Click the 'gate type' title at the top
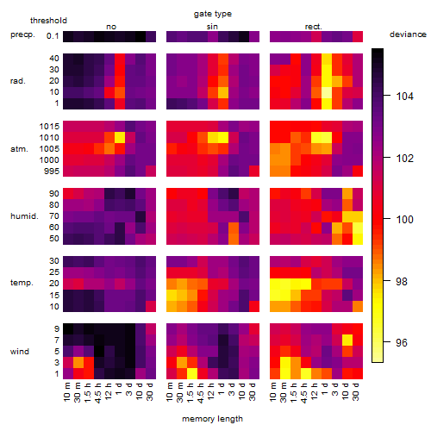point(213,14)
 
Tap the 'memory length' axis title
point(212,419)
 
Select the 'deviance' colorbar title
point(408,34)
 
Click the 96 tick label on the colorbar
point(402,342)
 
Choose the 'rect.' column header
point(314,27)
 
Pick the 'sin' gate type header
point(212,27)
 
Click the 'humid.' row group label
point(24,216)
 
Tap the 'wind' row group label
point(20,352)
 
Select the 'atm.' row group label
point(19,149)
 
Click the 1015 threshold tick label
point(49,127)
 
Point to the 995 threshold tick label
point(52,172)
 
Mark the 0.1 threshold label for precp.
point(53,36)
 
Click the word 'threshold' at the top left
point(48,21)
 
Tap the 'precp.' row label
point(22,34)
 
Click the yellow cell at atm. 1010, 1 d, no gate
point(120,138)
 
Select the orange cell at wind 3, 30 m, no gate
point(78,363)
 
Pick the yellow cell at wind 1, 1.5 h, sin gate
point(192,374)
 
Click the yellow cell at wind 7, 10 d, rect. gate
point(347,340)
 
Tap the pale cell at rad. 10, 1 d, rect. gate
point(327,92)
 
